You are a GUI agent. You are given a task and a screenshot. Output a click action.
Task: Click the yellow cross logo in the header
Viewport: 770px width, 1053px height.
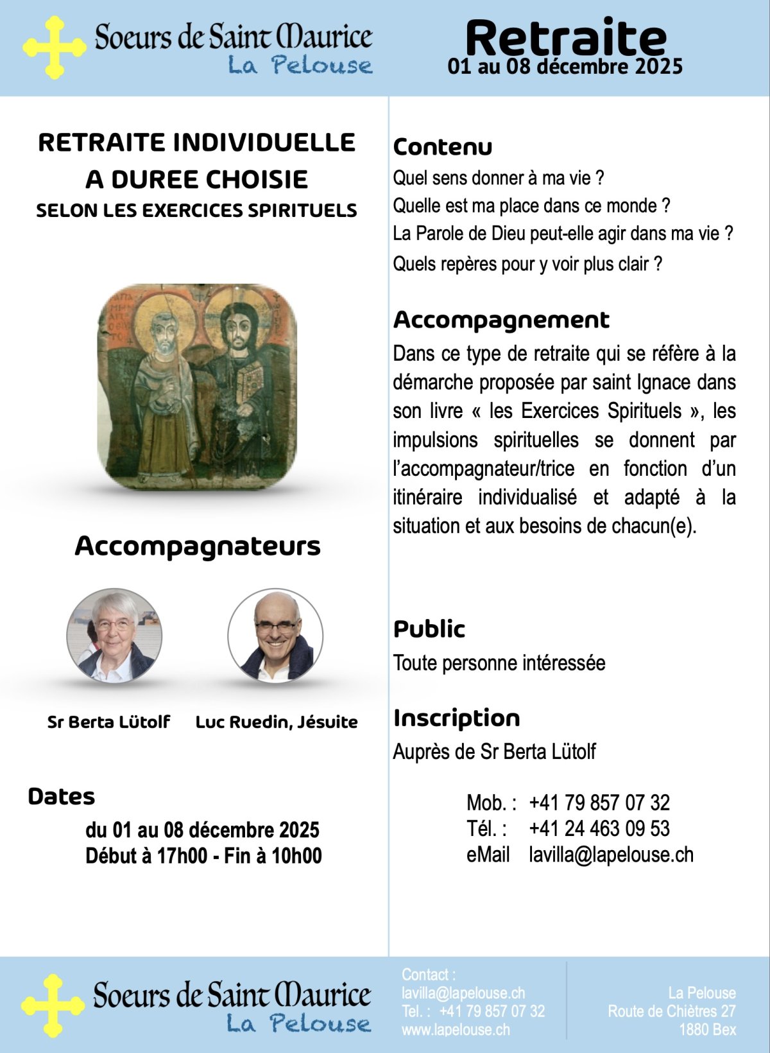(54, 48)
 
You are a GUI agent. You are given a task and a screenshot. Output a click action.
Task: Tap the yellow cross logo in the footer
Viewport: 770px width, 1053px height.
(53, 1005)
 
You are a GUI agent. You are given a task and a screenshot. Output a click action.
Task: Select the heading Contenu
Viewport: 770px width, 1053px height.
(442, 147)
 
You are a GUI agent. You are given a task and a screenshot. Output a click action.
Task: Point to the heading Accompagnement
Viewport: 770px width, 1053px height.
(501, 320)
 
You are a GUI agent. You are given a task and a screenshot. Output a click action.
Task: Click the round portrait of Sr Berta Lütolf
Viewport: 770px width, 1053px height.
(114, 636)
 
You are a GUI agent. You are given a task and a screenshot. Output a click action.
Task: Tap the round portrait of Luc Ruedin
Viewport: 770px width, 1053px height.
(275, 636)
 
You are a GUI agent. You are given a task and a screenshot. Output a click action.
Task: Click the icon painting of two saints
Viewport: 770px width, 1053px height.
(197, 387)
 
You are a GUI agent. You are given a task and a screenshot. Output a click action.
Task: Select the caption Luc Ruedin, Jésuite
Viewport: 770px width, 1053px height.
(277, 722)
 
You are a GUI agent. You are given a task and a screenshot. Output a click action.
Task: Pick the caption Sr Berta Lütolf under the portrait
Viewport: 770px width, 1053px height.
(108, 722)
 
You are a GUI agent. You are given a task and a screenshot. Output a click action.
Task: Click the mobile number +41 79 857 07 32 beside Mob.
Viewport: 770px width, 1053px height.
(599, 803)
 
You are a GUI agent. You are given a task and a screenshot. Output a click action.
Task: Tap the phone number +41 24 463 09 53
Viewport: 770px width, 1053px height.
(599, 829)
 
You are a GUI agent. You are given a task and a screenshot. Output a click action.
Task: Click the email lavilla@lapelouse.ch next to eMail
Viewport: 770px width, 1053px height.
(611, 855)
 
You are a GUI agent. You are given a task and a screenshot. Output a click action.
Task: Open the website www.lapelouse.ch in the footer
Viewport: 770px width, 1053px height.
(456, 1029)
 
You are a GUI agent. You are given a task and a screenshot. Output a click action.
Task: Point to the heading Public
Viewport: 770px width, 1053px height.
(429, 629)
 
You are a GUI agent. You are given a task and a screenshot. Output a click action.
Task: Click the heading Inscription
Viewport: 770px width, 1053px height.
(456, 718)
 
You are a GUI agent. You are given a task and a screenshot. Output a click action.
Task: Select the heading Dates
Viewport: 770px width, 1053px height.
(61, 797)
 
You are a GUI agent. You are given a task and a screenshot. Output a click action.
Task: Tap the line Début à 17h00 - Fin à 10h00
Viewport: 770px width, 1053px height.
(203, 856)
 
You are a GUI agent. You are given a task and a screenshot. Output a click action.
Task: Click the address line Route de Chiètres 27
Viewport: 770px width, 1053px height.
(671, 1011)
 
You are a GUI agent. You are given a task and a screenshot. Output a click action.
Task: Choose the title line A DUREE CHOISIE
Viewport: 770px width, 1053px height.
(196, 180)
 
